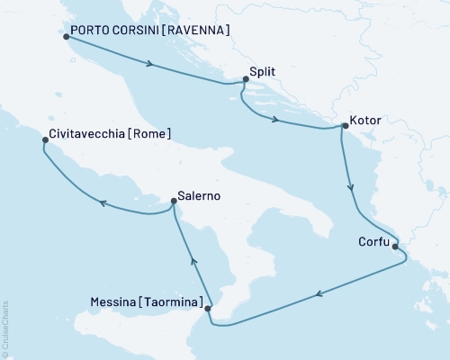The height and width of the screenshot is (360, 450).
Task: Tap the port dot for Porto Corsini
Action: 67,37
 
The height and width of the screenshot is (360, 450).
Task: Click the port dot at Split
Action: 245,81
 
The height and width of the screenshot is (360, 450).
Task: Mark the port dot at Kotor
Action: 342,127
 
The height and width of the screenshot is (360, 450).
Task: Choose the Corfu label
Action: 373,241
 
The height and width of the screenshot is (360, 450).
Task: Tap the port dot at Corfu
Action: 398,243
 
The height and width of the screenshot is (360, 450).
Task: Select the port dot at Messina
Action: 209,310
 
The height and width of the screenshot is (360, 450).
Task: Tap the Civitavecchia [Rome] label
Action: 107,134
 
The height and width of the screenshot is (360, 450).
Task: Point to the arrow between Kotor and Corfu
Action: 352,188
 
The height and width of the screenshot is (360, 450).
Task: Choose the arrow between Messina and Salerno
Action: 193,257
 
